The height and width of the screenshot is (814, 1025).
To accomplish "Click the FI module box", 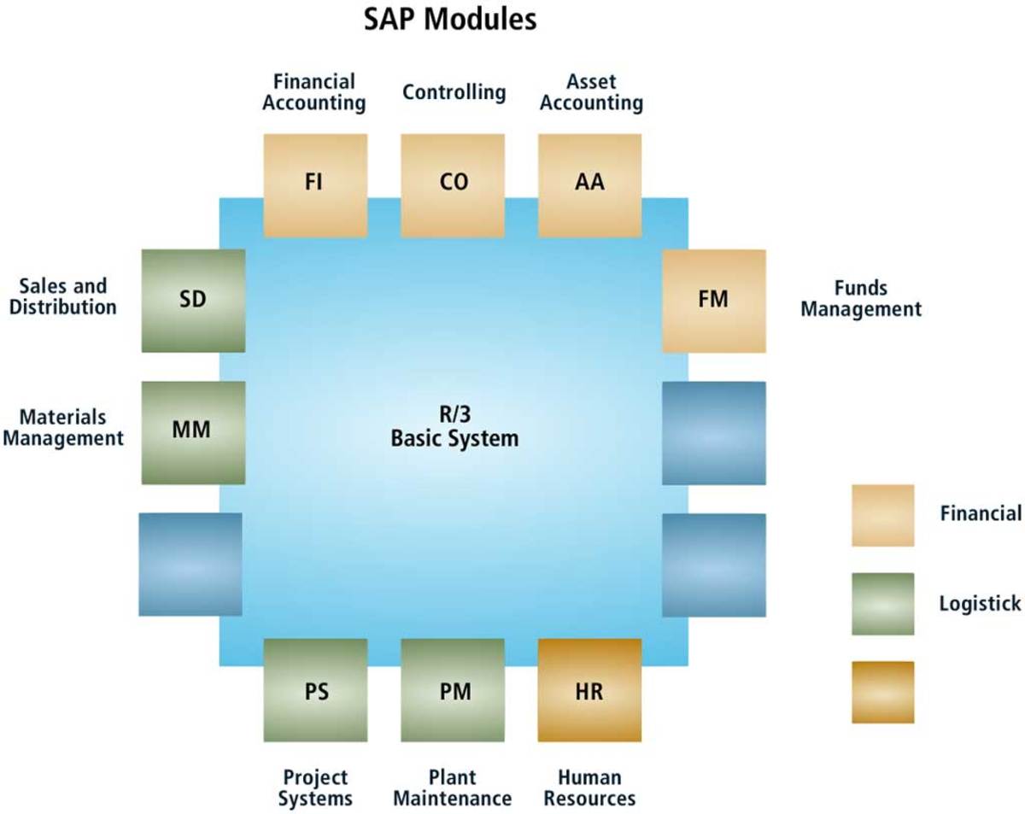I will pyautogui.click(x=315, y=184).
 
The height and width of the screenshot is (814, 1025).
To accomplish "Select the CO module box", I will pyautogui.click(x=453, y=184).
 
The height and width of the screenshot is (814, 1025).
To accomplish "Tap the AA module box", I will pyautogui.click(x=589, y=184).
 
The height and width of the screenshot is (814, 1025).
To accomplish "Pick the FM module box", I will pyautogui.click(x=713, y=301).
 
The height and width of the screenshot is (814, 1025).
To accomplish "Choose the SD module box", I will pyautogui.click(x=193, y=301).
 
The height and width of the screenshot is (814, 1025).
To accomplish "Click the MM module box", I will pyautogui.click(x=193, y=432).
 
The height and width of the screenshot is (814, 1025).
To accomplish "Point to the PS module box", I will pyautogui.click(x=315, y=690).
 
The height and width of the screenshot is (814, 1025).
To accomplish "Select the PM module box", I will pyautogui.click(x=453, y=690).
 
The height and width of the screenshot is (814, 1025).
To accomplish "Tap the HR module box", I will pyautogui.click(x=589, y=690).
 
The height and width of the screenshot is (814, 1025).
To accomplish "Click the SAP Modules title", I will pyautogui.click(x=449, y=19).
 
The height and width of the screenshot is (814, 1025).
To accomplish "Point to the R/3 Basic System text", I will pyautogui.click(x=454, y=428).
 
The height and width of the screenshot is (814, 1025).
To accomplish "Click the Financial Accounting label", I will pyautogui.click(x=314, y=92).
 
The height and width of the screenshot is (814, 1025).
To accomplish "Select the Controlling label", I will pyautogui.click(x=454, y=91).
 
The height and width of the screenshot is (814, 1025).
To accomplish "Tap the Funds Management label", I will pyautogui.click(x=861, y=299).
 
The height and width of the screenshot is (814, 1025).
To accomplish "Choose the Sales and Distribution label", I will pyautogui.click(x=62, y=296).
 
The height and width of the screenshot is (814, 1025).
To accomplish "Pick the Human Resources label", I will pyautogui.click(x=589, y=788).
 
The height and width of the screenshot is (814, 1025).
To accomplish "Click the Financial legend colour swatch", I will pyautogui.click(x=882, y=515).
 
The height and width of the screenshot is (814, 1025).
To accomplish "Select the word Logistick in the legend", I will pyautogui.click(x=980, y=604).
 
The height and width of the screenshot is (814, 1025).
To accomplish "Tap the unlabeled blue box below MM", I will pyautogui.click(x=190, y=564).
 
